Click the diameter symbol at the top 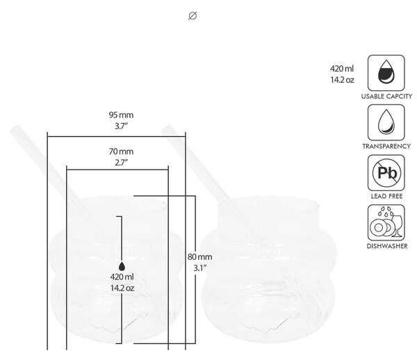click(193, 16)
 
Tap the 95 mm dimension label click(121, 115)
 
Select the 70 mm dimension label click(121, 152)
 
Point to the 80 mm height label click(199, 257)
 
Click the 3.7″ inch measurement click(121, 126)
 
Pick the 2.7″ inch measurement click(121, 163)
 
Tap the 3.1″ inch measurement click(199, 268)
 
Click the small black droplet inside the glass click(122, 266)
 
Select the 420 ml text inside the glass click(122, 277)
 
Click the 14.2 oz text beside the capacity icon click(342, 80)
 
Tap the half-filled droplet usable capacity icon click(386, 73)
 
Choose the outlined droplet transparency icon click(386, 122)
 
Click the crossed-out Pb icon click(386, 172)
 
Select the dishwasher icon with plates click(386, 222)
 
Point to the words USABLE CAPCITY click(386, 96)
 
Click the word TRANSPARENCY click(386, 146)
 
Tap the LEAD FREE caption click(386, 196)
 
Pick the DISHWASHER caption click(387, 246)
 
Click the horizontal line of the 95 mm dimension click(117, 137)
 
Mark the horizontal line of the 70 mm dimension click(117, 170)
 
